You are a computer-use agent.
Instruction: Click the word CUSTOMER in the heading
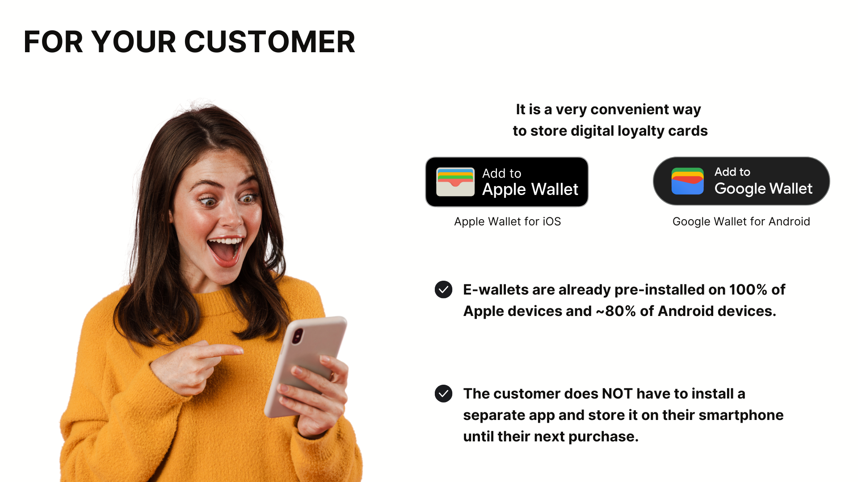pyautogui.click(x=269, y=42)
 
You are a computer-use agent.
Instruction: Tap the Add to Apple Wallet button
pyautogui.click(x=507, y=182)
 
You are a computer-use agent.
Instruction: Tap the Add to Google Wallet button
pyautogui.click(x=741, y=181)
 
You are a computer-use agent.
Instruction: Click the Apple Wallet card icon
pyautogui.click(x=455, y=182)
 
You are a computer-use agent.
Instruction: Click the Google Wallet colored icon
pyautogui.click(x=687, y=181)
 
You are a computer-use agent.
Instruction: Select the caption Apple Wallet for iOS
pyautogui.click(x=507, y=221)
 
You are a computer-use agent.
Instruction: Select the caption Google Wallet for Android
pyautogui.click(x=741, y=221)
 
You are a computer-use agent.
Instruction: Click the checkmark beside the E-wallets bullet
pyautogui.click(x=443, y=290)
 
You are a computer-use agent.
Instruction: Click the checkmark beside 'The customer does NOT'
pyautogui.click(x=443, y=394)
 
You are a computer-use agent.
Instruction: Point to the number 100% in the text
pyautogui.click(x=749, y=290)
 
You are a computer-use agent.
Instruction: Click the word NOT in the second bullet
pyautogui.click(x=617, y=394)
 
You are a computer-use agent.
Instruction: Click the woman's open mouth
pyautogui.click(x=225, y=251)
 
